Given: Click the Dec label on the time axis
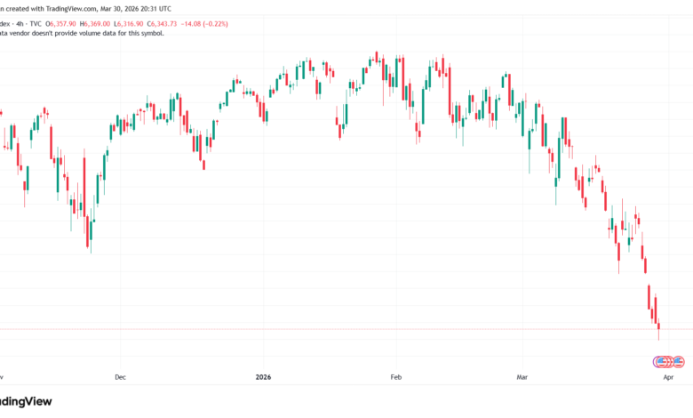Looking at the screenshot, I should pos(121,376).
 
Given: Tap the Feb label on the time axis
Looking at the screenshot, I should pos(397,376).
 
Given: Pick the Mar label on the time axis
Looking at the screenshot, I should pos(522,376).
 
